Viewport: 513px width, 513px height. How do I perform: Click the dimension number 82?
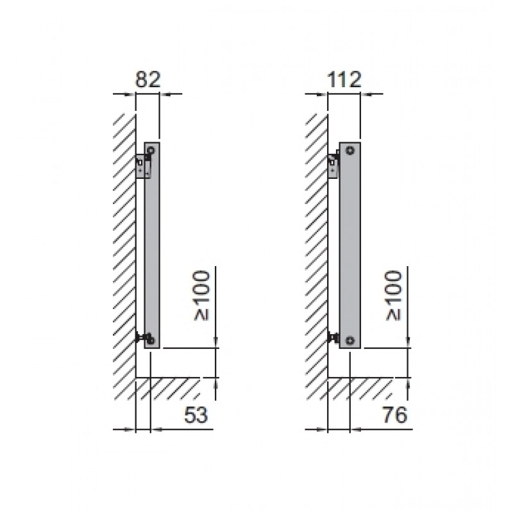148,80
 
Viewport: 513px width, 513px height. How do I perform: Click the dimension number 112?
344,80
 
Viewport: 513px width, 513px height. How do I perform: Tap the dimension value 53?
196,415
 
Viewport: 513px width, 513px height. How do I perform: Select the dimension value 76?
395,415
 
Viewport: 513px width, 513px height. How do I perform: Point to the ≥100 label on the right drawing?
394,296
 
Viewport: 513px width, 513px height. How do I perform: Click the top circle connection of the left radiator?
151,151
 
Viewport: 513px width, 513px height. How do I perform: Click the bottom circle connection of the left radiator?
151,341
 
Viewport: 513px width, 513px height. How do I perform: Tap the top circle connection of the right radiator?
350,151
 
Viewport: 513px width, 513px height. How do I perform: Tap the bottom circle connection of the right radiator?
350,341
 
